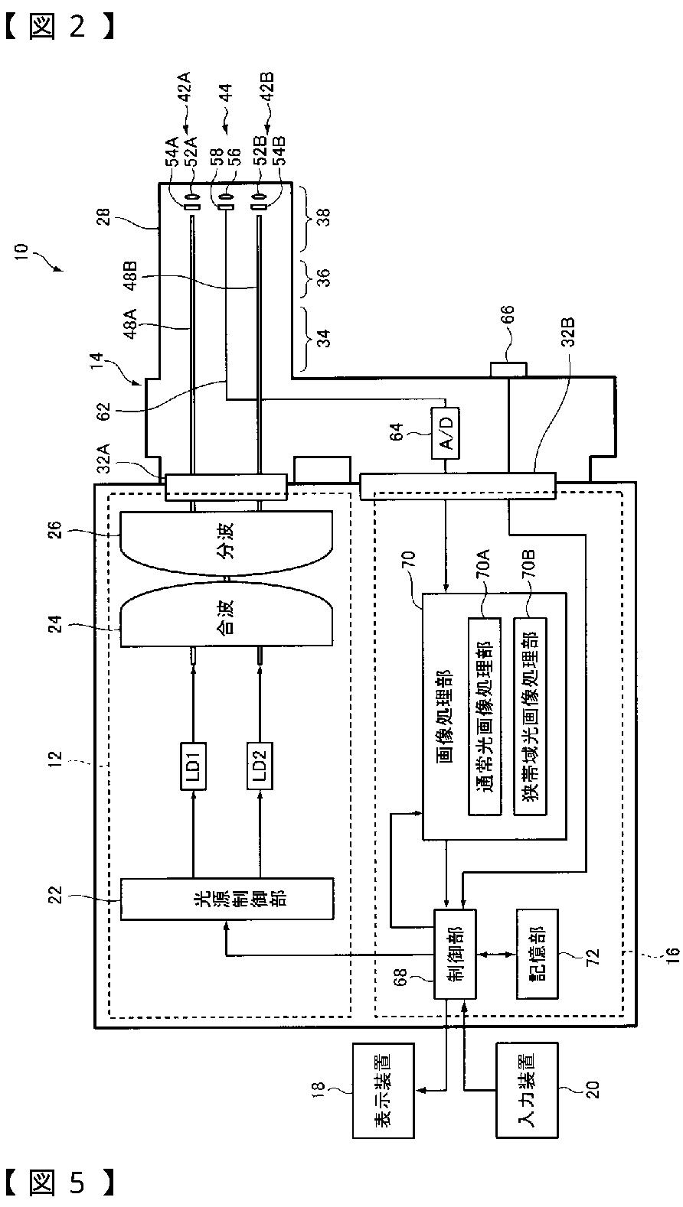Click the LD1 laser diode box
pos(193,766)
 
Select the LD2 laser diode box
pos(260,766)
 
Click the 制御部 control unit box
pos(456,955)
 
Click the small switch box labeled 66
pos(508,370)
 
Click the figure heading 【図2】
pos(60,27)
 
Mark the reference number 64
pos(397,431)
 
